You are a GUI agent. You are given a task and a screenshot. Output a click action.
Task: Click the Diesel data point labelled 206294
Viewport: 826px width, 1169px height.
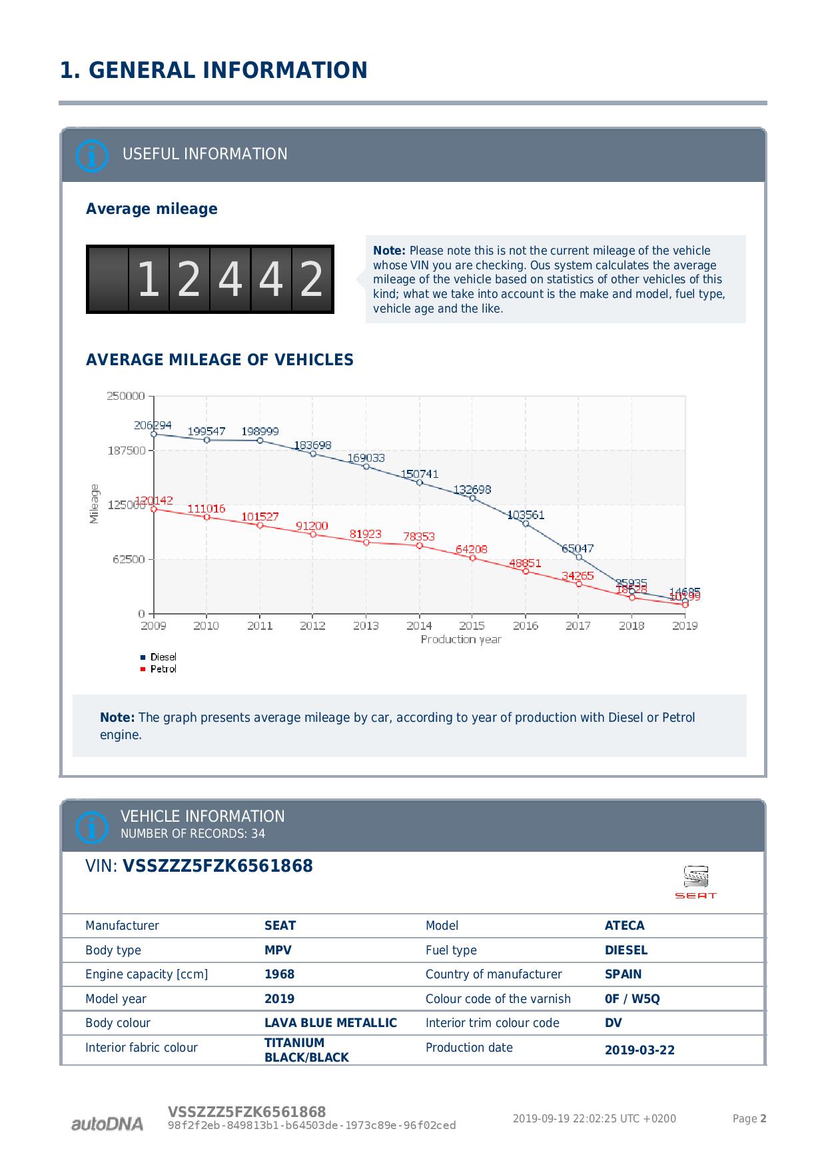154,434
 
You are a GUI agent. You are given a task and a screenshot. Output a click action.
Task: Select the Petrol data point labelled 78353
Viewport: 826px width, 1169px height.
419,546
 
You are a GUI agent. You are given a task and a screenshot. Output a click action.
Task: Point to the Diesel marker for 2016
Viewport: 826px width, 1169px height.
526,523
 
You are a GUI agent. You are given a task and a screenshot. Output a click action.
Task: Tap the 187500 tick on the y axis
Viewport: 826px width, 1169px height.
126,451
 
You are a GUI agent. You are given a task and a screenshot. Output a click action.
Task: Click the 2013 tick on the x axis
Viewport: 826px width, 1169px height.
366,626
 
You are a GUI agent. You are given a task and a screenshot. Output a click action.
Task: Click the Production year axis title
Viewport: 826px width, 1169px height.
461,640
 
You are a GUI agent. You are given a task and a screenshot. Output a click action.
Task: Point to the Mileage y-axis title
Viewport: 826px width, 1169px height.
94,504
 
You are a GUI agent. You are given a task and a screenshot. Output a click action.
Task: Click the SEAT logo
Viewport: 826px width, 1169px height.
695,882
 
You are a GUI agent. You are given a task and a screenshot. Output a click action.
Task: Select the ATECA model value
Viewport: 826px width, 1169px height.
624,926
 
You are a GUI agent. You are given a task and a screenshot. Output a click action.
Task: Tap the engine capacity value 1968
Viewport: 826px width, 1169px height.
279,974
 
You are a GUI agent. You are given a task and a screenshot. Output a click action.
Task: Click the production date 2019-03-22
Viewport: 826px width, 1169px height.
639,1050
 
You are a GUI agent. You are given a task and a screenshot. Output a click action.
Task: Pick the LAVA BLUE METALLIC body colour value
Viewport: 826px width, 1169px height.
330,1023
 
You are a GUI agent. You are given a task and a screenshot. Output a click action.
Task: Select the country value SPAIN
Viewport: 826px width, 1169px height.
623,974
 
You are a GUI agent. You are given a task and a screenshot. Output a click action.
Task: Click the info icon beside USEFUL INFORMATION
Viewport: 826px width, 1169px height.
92,155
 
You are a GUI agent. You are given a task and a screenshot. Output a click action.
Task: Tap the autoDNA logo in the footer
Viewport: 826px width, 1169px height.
107,1124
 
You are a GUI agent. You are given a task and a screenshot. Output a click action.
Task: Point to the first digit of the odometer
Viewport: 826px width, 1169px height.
149,280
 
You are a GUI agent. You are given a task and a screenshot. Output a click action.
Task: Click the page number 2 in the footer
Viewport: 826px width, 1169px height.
763,1119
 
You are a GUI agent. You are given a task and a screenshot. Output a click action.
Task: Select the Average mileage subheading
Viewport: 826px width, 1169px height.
152,209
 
